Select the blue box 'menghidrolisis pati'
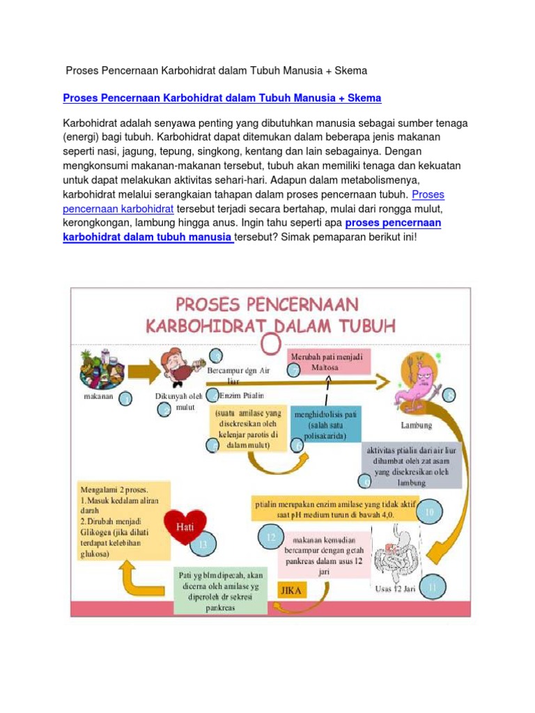tap(326, 425)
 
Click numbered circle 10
tap(429, 512)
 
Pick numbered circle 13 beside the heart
tap(203, 544)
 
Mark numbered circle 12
tap(270, 537)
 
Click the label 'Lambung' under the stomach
tap(417, 425)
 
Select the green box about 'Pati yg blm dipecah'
tap(219, 590)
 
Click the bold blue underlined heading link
tap(222, 98)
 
